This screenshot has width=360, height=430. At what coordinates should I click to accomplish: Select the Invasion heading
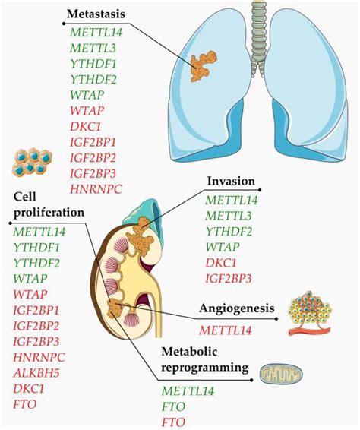point(231,182)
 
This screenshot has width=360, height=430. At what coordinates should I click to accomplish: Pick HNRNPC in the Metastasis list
point(96,187)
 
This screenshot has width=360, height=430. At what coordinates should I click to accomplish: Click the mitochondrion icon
point(280,373)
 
